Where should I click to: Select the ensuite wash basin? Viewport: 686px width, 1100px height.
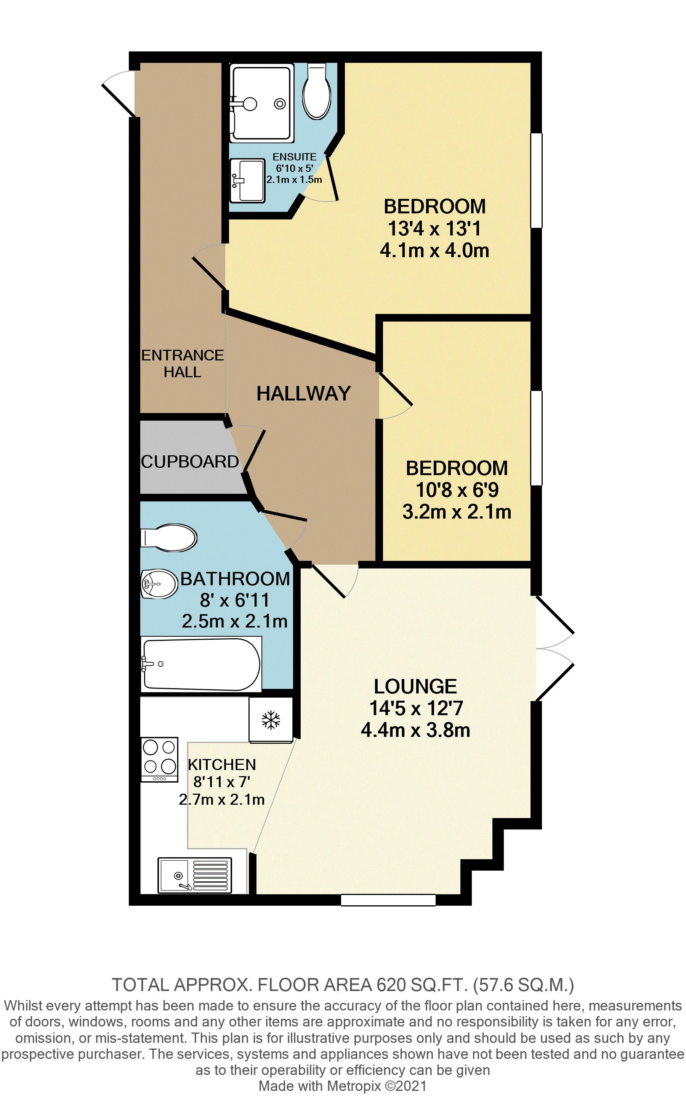247,181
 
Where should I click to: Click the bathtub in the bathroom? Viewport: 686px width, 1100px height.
201,664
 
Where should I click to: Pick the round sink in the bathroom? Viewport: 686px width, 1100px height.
159,583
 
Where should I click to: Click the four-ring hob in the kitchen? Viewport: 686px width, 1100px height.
159,759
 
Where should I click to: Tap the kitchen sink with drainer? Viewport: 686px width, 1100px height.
195,875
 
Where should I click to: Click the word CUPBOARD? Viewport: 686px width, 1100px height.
190,462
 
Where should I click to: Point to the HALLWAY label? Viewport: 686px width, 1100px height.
303,393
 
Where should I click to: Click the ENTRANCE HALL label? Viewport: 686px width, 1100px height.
183,363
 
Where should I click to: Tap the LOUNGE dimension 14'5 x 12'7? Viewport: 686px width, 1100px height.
415,708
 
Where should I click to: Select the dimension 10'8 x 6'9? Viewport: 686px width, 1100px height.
457,490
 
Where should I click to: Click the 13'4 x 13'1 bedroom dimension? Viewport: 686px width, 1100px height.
434,229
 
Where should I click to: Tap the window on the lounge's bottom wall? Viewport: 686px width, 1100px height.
388,900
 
